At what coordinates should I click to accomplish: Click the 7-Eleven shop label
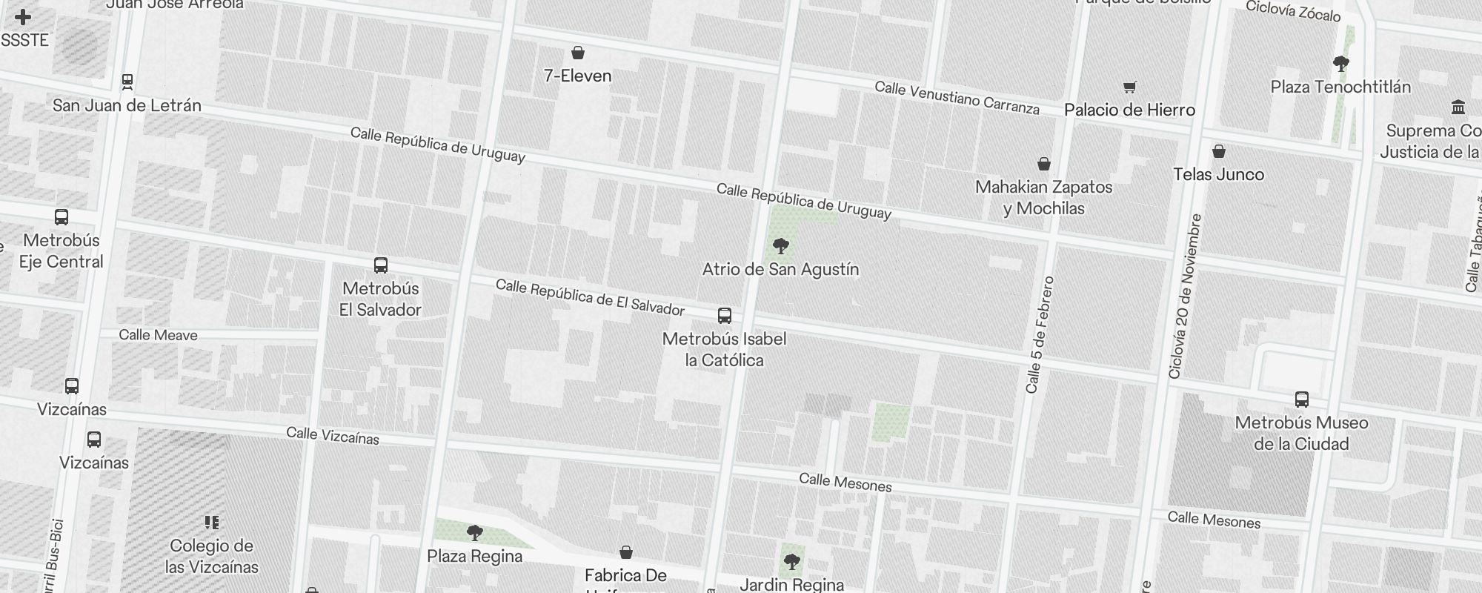(x=577, y=76)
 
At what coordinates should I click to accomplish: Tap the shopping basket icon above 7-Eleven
(x=578, y=53)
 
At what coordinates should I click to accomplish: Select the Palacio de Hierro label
(x=1129, y=110)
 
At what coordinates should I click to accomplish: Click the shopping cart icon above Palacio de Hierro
(x=1129, y=87)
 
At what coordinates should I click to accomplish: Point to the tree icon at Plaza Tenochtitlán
(x=1340, y=64)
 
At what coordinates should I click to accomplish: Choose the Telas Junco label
(x=1218, y=174)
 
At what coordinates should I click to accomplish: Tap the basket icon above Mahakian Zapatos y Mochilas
(x=1044, y=164)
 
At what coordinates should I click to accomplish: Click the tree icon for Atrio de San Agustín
(x=780, y=246)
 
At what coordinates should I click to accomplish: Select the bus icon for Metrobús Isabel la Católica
(x=725, y=316)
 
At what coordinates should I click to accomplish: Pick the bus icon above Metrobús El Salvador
(x=381, y=265)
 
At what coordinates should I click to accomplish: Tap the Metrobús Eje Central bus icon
(x=62, y=217)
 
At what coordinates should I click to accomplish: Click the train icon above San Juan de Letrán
(x=127, y=82)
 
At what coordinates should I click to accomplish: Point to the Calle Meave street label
(x=158, y=335)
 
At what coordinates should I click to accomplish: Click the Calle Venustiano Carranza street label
(x=957, y=98)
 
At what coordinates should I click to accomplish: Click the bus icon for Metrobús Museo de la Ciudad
(x=1301, y=400)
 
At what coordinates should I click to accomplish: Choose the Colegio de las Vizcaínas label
(x=211, y=556)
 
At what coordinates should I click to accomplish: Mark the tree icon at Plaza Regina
(x=475, y=532)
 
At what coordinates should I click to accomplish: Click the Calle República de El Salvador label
(x=590, y=296)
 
